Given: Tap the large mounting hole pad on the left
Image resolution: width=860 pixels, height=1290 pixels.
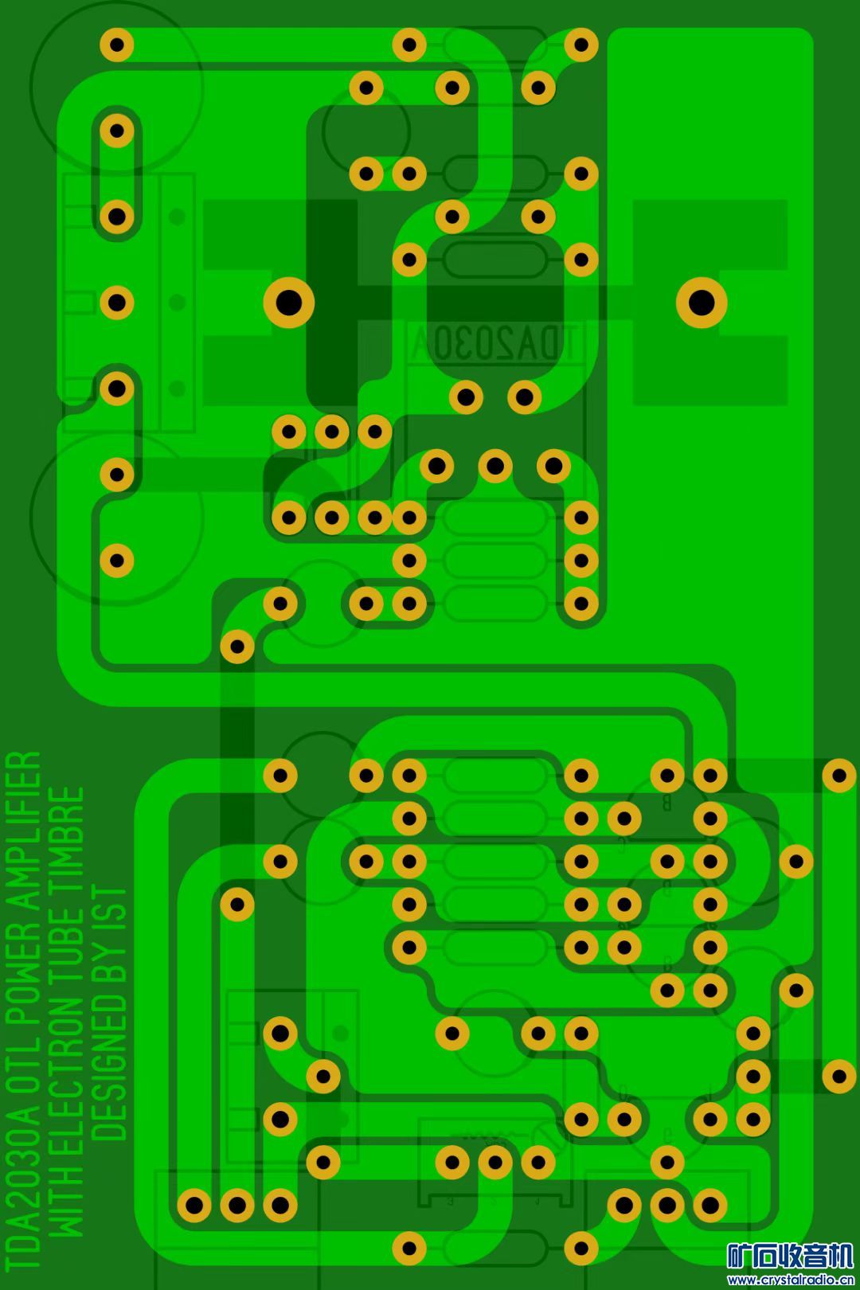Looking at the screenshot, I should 289,303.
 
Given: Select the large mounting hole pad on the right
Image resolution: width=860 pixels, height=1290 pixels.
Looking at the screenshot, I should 702,303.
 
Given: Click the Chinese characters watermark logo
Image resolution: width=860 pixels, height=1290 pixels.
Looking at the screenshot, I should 790,1257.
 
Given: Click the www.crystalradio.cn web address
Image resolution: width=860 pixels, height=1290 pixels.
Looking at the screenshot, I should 790,1280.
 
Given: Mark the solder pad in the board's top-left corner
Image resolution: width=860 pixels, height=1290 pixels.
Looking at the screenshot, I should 117,45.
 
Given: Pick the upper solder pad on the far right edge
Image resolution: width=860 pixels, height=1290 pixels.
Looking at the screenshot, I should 838,775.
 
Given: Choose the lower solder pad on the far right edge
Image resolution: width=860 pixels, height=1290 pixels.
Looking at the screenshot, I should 838,1077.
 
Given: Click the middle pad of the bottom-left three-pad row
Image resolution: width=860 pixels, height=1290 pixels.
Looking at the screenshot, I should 236,1206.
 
